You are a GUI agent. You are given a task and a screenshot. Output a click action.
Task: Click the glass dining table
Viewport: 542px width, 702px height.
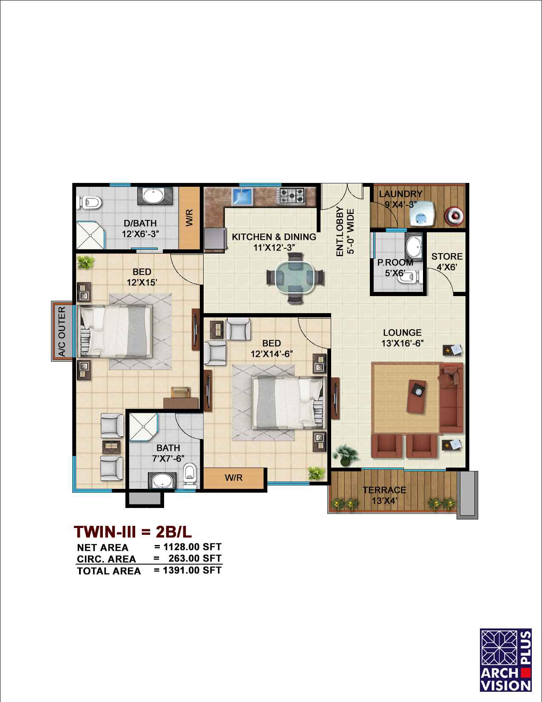[x=295, y=277]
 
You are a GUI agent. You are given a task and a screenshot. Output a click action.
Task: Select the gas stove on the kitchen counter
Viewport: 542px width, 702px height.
[x=292, y=196]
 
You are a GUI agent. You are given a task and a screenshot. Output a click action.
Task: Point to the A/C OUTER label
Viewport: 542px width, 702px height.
[x=62, y=331]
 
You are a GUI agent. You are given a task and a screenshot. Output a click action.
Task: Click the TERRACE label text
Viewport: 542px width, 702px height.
[x=384, y=490]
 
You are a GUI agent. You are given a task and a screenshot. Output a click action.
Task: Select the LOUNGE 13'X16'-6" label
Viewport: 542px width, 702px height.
[x=402, y=338]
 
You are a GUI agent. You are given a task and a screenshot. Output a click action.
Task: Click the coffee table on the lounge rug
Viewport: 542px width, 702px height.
[x=417, y=396]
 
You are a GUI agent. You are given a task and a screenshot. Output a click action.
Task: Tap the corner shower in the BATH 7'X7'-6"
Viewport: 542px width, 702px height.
[x=143, y=427]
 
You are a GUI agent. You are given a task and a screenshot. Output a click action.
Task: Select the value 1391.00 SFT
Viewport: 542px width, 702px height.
[x=192, y=570]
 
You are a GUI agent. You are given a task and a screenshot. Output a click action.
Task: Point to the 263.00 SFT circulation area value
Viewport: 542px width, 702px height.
[x=195, y=558]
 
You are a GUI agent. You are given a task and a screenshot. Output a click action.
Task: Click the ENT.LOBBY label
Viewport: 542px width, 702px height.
[x=340, y=232]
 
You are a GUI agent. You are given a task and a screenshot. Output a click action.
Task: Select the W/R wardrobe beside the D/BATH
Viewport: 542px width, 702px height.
[x=190, y=218]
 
